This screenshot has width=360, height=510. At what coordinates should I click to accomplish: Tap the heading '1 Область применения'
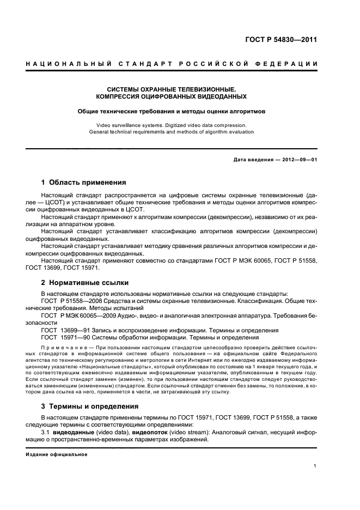click(x=84, y=183)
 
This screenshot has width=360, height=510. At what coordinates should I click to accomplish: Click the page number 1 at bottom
click(x=315, y=466)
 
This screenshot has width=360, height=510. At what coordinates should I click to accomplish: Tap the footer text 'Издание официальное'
click(x=56, y=454)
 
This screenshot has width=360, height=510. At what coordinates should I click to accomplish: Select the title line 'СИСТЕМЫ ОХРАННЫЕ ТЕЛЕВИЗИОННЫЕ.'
click(x=171, y=89)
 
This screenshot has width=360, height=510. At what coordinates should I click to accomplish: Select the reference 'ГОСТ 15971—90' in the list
click(x=66, y=337)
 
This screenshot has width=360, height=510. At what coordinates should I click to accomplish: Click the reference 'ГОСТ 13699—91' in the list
click(x=66, y=330)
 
